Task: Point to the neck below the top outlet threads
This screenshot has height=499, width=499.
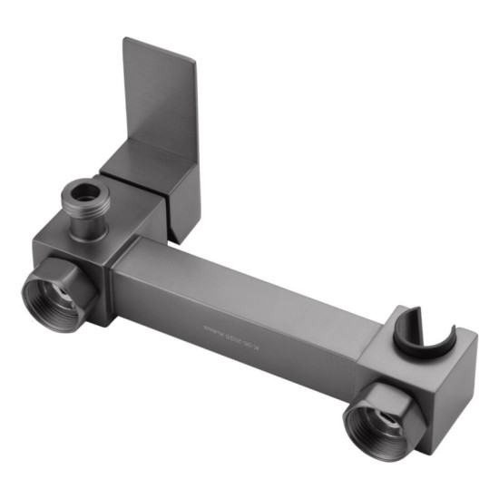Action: point(88,222)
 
